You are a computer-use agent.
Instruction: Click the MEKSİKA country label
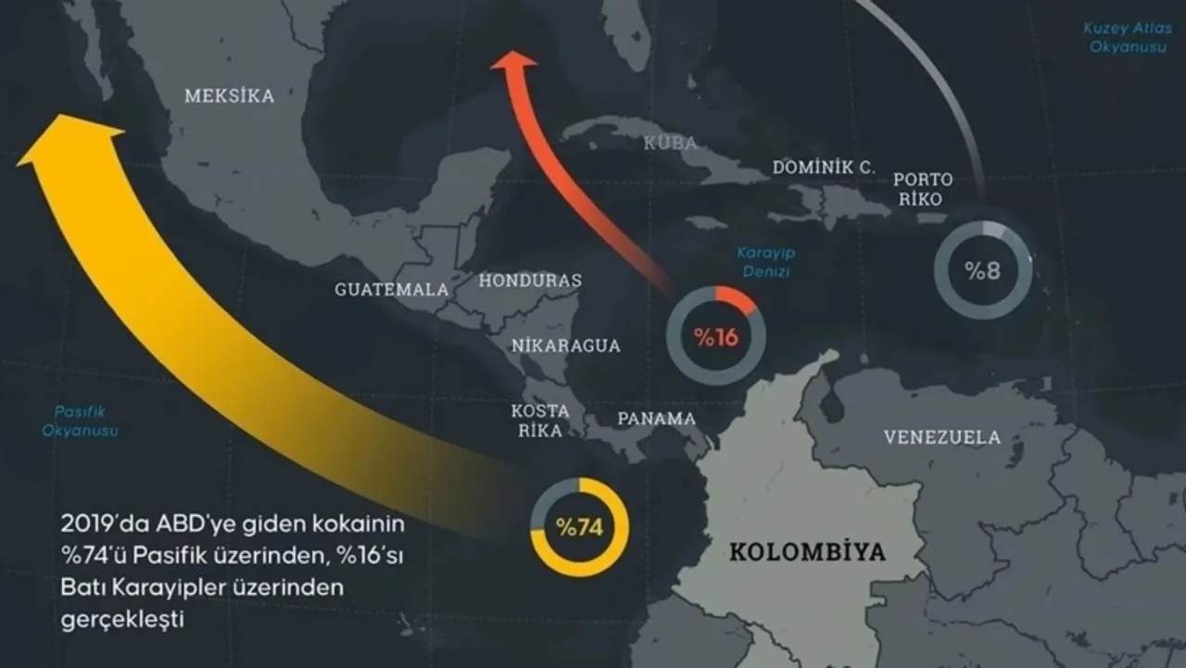(229, 95)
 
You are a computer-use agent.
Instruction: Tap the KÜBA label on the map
(671, 143)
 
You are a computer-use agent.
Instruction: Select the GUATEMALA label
(391, 289)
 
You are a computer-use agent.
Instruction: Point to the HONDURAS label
(531, 280)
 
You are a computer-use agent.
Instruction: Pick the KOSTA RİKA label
(539, 420)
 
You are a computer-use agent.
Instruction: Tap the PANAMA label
(656, 419)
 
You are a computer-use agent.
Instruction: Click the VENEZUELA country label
(941, 437)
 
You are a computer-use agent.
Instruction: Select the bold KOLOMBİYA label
(807, 553)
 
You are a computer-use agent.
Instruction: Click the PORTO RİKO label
(925, 189)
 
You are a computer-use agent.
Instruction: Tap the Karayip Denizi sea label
(765, 261)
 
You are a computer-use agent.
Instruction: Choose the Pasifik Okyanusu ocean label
(80, 422)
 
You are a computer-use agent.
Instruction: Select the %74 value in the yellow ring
(579, 528)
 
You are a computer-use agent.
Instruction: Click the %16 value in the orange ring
(716, 337)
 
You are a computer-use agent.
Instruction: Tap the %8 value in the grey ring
(983, 271)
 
